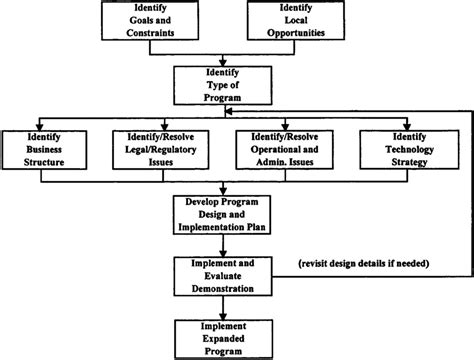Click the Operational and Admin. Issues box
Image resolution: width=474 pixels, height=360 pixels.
294,148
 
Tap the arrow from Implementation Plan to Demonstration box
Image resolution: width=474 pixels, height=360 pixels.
237,244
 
